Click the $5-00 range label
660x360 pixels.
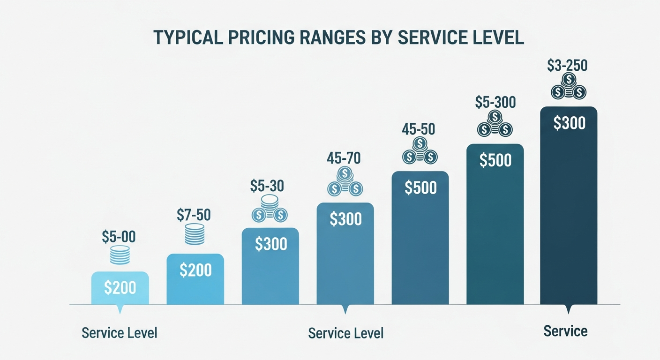coord(119,237)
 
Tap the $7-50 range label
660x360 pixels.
coord(194,215)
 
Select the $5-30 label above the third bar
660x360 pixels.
coord(267,186)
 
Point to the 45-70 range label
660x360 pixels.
coord(344,158)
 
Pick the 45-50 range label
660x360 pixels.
coord(418,129)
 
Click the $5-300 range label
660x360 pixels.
coord(495,102)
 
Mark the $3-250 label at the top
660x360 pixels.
coord(567,66)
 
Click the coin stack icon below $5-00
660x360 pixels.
coord(120,255)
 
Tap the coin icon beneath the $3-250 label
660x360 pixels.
coord(568,86)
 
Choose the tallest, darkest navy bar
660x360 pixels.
coord(569,206)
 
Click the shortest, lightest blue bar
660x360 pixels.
coord(120,288)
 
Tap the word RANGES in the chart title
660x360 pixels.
coord(331,38)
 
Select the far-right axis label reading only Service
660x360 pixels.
coord(565,331)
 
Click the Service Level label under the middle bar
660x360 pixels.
coord(345,333)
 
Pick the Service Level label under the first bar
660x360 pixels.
coord(120,333)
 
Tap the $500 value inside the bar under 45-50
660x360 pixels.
coord(420,187)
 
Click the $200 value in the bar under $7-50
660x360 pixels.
coord(195,270)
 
